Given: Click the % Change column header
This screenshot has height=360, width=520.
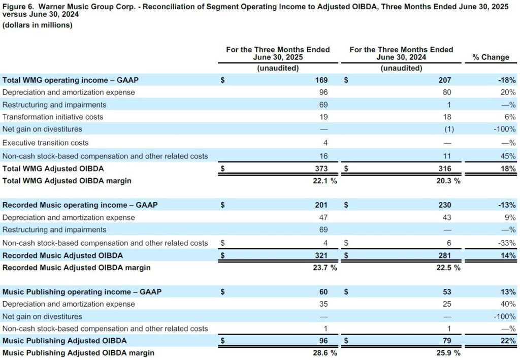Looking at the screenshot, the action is click(x=491, y=57).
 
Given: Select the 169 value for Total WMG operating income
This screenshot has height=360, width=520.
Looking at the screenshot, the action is click(x=321, y=80).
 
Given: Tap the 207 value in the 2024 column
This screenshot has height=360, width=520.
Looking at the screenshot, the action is click(x=445, y=80).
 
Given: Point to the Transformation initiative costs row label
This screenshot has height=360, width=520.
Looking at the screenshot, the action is click(x=53, y=117).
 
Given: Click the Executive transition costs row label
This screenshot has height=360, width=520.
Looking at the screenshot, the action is click(x=45, y=143).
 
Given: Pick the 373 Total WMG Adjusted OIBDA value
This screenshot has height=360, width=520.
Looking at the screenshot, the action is click(x=321, y=169).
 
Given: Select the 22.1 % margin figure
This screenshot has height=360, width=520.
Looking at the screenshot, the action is click(x=325, y=181).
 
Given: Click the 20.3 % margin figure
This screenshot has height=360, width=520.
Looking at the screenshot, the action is click(x=448, y=181).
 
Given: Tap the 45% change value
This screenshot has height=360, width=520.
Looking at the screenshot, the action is click(x=508, y=156).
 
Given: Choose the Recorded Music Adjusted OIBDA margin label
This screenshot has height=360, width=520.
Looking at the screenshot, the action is click(x=76, y=268).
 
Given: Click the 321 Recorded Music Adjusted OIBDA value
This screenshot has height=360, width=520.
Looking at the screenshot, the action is click(x=321, y=255).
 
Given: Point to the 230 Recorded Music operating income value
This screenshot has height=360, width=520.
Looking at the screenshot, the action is click(x=445, y=205).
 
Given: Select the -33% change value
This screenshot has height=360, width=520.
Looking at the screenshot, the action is click(x=507, y=243).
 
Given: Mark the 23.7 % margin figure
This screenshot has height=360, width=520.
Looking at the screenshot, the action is click(x=325, y=268).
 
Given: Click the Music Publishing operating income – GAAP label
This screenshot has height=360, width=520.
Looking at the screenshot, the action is click(x=82, y=292).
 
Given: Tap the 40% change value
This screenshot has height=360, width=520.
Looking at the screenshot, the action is click(x=508, y=304).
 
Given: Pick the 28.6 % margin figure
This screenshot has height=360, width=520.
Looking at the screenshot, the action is click(x=325, y=353).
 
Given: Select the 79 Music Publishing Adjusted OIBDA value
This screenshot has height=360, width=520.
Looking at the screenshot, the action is click(x=447, y=340).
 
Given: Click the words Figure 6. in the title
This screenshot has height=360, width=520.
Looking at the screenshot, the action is click(x=18, y=7).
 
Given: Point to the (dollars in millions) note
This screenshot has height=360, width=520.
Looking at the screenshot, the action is click(x=37, y=25).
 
